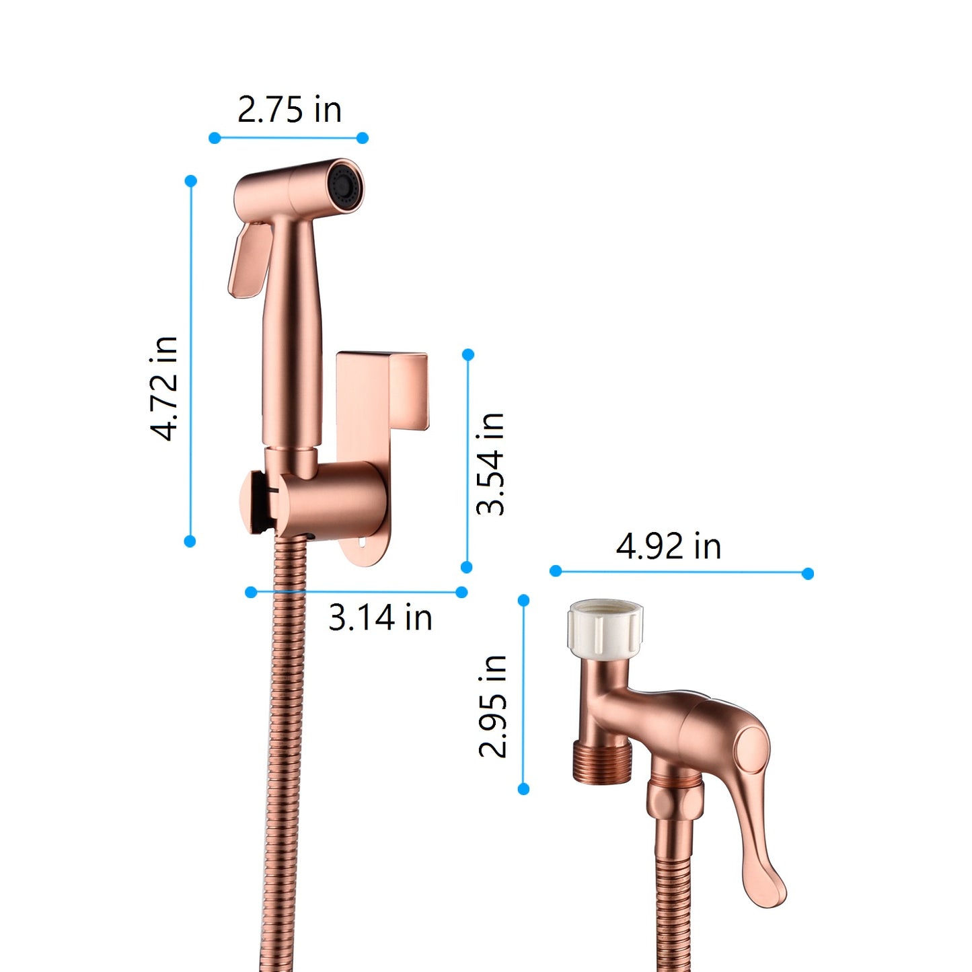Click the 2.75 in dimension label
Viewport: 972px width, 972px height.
tap(289, 110)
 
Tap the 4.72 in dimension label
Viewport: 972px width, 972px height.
tap(165, 389)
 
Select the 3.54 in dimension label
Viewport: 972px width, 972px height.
tap(490, 464)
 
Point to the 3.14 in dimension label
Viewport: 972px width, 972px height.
tap(380, 618)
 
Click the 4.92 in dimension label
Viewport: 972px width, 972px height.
tap(669, 546)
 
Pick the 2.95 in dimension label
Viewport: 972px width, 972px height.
tap(492, 706)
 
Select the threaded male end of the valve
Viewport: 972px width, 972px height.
tap(603, 763)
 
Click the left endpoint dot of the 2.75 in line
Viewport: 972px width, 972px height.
tap(215, 138)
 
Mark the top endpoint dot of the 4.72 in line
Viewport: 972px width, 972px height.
tap(190, 181)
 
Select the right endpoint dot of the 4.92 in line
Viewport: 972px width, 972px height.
tap(808, 573)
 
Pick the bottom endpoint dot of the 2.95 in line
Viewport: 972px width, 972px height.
tap(524, 789)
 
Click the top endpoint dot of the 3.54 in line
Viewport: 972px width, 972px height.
tap(468, 354)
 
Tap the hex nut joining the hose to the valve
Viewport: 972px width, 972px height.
tap(675, 800)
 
